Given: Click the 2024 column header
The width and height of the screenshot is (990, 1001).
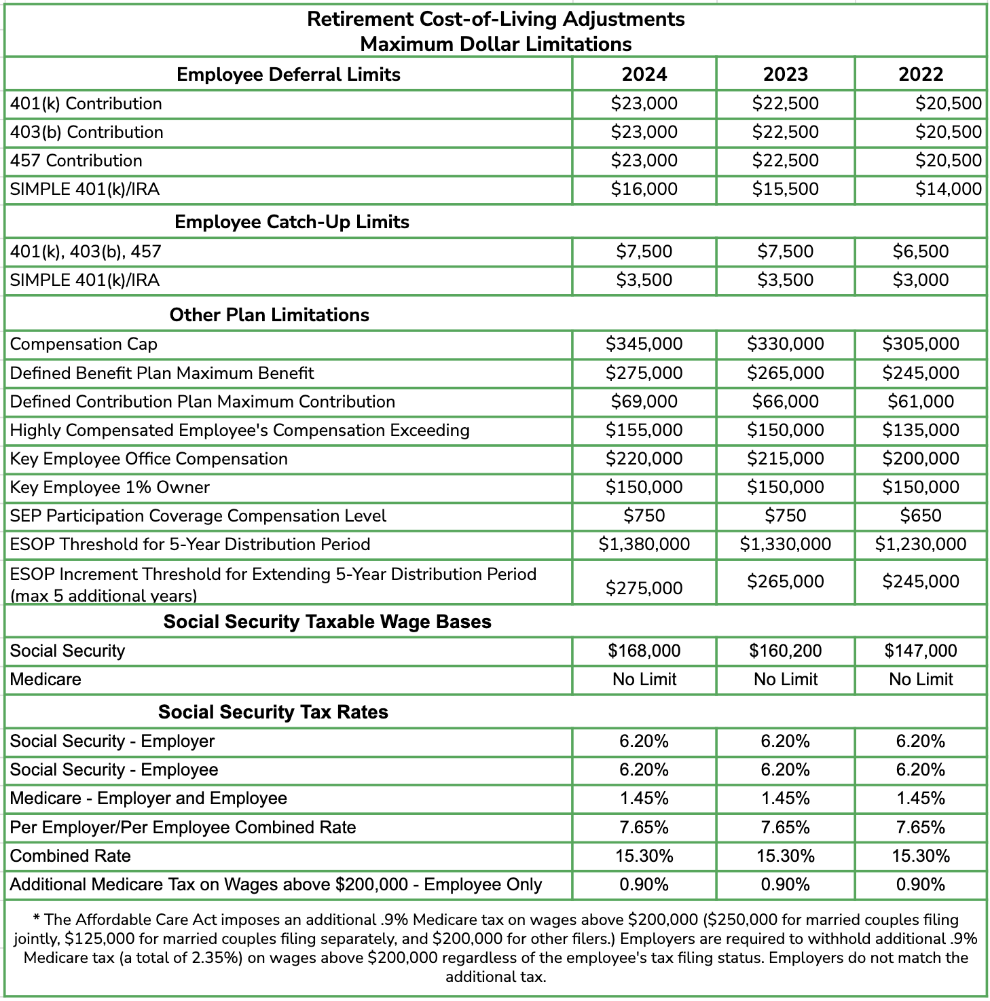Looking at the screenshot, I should pyautogui.click(x=644, y=74).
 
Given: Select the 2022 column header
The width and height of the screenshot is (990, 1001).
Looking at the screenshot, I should pyautogui.click(x=921, y=74).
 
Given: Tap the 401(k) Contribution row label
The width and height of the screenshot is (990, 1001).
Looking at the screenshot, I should pyautogui.click(x=86, y=104).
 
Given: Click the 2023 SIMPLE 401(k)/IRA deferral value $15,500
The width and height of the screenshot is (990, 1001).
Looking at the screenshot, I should pyautogui.click(x=785, y=189).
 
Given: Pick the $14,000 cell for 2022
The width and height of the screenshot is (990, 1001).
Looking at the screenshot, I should pyautogui.click(x=948, y=189).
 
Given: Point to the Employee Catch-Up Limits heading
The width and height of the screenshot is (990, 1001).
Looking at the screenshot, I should pyautogui.click(x=292, y=222).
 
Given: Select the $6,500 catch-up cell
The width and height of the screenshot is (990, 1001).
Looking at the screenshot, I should pyautogui.click(x=921, y=251).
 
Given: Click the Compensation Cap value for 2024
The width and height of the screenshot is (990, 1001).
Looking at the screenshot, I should pyautogui.click(x=644, y=344).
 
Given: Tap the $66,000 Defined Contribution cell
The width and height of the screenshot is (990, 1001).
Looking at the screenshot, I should pyautogui.click(x=785, y=401).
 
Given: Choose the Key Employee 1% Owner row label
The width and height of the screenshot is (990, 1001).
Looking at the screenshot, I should pyautogui.click(x=110, y=487).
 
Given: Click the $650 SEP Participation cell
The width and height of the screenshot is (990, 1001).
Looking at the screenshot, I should pyautogui.click(x=921, y=515).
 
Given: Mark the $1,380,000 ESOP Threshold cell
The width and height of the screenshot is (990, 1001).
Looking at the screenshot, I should pyautogui.click(x=644, y=544).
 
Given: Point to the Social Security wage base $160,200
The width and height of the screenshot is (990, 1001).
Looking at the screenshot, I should pyautogui.click(x=785, y=651).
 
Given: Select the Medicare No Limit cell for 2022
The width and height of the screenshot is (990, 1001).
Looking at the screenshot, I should pyautogui.click(x=921, y=679).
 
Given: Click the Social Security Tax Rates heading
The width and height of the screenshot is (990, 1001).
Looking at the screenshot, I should pyautogui.click(x=273, y=712).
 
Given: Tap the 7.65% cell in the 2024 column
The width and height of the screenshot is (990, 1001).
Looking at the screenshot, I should pyautogui.click(x=644, y=827).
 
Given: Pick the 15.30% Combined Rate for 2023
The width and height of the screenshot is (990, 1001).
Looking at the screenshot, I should pyautogui.click(x=785, y=856).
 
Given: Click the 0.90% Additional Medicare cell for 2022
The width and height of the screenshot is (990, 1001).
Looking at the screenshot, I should pyautogui.click(x=921, y=884).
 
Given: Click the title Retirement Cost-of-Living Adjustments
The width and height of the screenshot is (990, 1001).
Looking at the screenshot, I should pyautogui.click(x=496, y=19).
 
